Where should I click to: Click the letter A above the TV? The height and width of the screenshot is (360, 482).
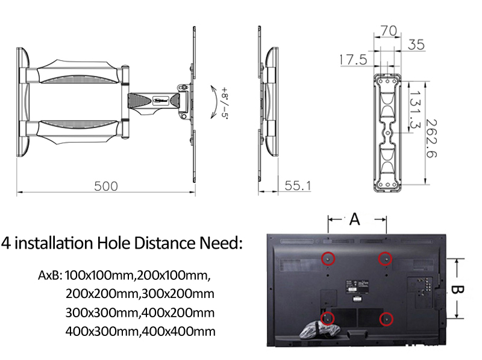click(355, 220)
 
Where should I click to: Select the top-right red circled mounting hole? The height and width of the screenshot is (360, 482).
click(384, 258)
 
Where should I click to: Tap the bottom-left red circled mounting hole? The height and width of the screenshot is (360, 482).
click(328, 317)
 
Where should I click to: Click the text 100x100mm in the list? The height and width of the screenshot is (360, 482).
click(99, 276)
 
